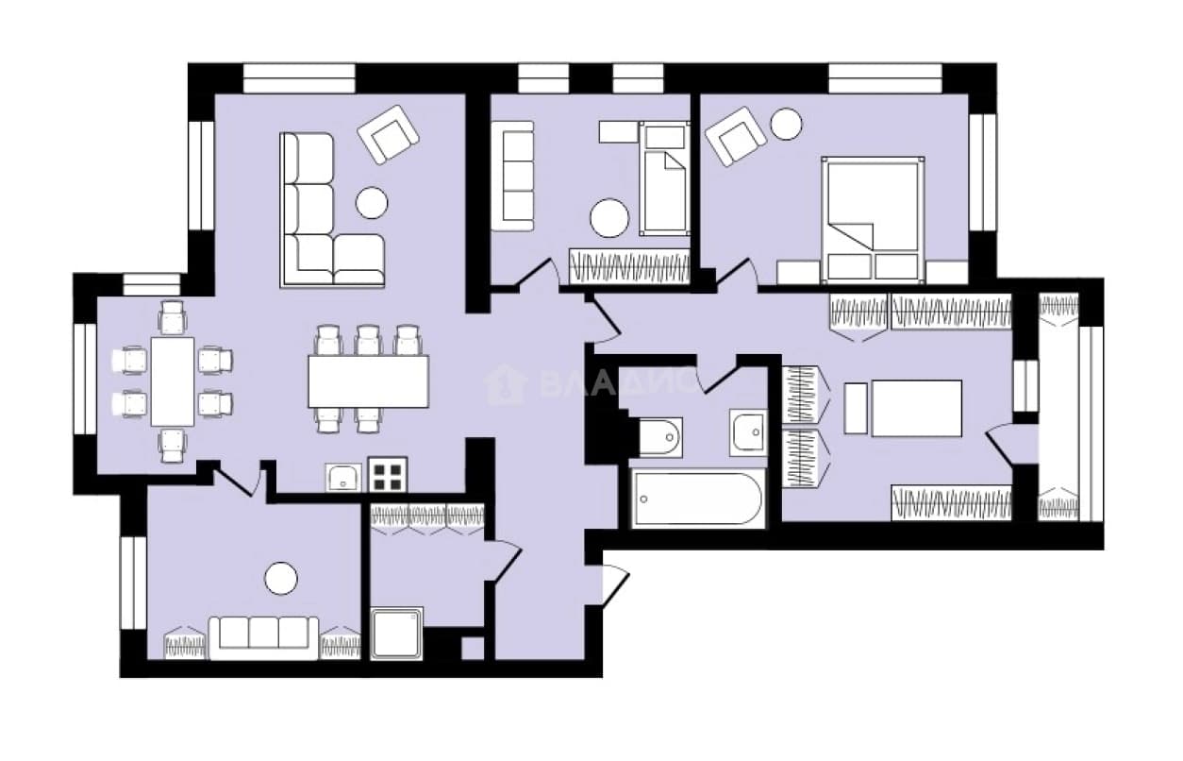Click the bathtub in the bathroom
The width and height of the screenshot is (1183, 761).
tap(699, 499)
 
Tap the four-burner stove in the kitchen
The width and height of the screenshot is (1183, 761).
tap(388, 475)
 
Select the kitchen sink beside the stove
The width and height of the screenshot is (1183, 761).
tap(343, 478)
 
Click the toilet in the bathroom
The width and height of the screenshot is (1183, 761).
tap(660, 437)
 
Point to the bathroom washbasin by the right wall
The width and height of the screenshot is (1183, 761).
tap(749, 432)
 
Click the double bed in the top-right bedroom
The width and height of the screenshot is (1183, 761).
tap(873, 219)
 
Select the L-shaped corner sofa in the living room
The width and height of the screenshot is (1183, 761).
tap(333, 210)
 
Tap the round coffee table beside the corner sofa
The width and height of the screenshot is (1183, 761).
tap(372, 202)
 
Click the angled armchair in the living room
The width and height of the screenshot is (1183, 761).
tap(388, 135)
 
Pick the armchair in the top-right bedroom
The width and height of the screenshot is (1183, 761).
tap(736, 136)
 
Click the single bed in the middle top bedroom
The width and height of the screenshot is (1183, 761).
tap(664, 178)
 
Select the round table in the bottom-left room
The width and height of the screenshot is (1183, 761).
tap(281, 578)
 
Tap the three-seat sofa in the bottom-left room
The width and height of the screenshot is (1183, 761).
tap(263, 638)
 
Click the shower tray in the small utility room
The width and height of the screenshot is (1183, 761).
tap(396, 634)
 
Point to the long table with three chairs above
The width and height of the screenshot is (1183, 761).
tap(369, 381)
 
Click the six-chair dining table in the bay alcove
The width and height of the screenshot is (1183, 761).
tap(173, 381)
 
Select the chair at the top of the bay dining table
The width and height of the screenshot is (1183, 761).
tap(173, 317)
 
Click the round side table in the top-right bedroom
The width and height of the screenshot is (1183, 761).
tap(787, 124)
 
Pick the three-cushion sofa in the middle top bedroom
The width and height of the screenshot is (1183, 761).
tap(512, 176)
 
